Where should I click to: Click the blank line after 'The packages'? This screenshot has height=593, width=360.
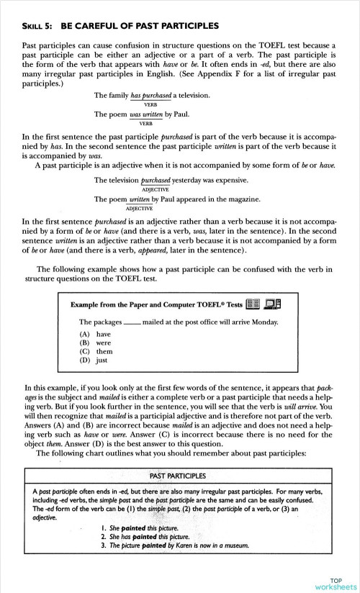(x=132, y=323)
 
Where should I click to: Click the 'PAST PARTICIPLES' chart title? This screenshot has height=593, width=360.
(x=178, y=476)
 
